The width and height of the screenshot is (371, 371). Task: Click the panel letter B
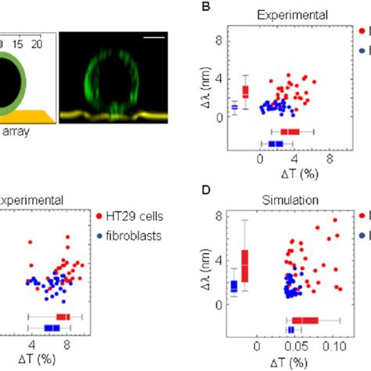pos(207,7)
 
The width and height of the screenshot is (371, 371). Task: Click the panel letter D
pos(207,188)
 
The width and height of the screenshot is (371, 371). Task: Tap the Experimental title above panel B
pos(283,15)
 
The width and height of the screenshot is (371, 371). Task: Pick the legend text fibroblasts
pos(133,234)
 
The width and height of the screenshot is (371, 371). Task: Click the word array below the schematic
pos(15,132)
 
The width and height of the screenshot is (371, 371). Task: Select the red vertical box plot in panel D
pos(244,265)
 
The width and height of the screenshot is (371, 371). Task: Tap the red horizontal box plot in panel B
pos(290,131)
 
